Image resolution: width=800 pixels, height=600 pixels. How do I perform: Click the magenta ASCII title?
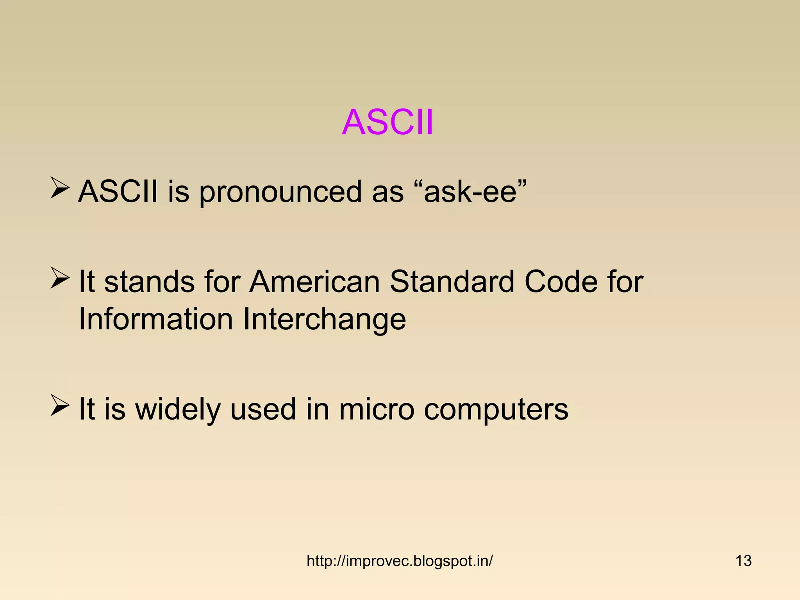pyautogui.click(x=387, y=123)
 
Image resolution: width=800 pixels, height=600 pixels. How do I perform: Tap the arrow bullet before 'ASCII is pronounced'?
pyautogui.click(x=60, y=188)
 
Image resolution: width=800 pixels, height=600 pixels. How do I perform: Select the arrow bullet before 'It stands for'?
pyautogui.click(x=60, y=278)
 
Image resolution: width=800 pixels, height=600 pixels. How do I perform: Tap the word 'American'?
pyautogui.click(x=314, y=282)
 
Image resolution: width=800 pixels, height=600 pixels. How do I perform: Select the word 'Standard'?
pyautogui.click(x=452, y=282)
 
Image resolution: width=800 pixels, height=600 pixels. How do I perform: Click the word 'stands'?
pyautogui.click(x=149, y=282)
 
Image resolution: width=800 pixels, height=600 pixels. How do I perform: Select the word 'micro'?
pyautogui.click(x=376, y=409)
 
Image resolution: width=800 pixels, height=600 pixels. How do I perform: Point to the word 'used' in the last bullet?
pyautogui.click(x=263, y=409)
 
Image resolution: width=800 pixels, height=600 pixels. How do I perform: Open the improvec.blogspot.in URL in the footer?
pyautogui.click(x=399, y=561)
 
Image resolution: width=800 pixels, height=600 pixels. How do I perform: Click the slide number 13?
pyautogui.click(x=743, y=561)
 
